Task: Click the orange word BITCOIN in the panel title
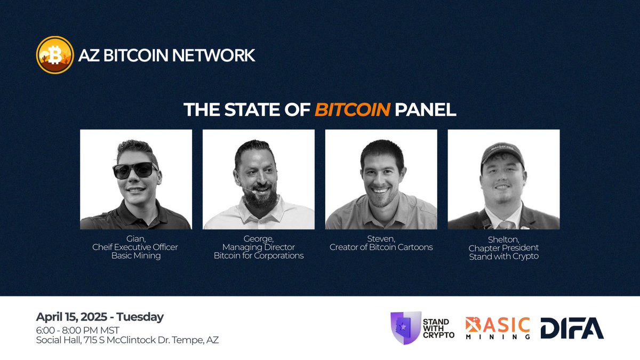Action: (x=352, y=110)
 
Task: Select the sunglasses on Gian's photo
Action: (x=135, y=170)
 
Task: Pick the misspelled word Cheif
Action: (x=104, y=247)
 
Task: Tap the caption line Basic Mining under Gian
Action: (x=135, y=255)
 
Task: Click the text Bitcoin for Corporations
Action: (x=259, y=255)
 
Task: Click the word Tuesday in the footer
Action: (x=143, y=316)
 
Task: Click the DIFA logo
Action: (x=572, y=328)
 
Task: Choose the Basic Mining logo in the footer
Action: (x=498, y=328)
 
